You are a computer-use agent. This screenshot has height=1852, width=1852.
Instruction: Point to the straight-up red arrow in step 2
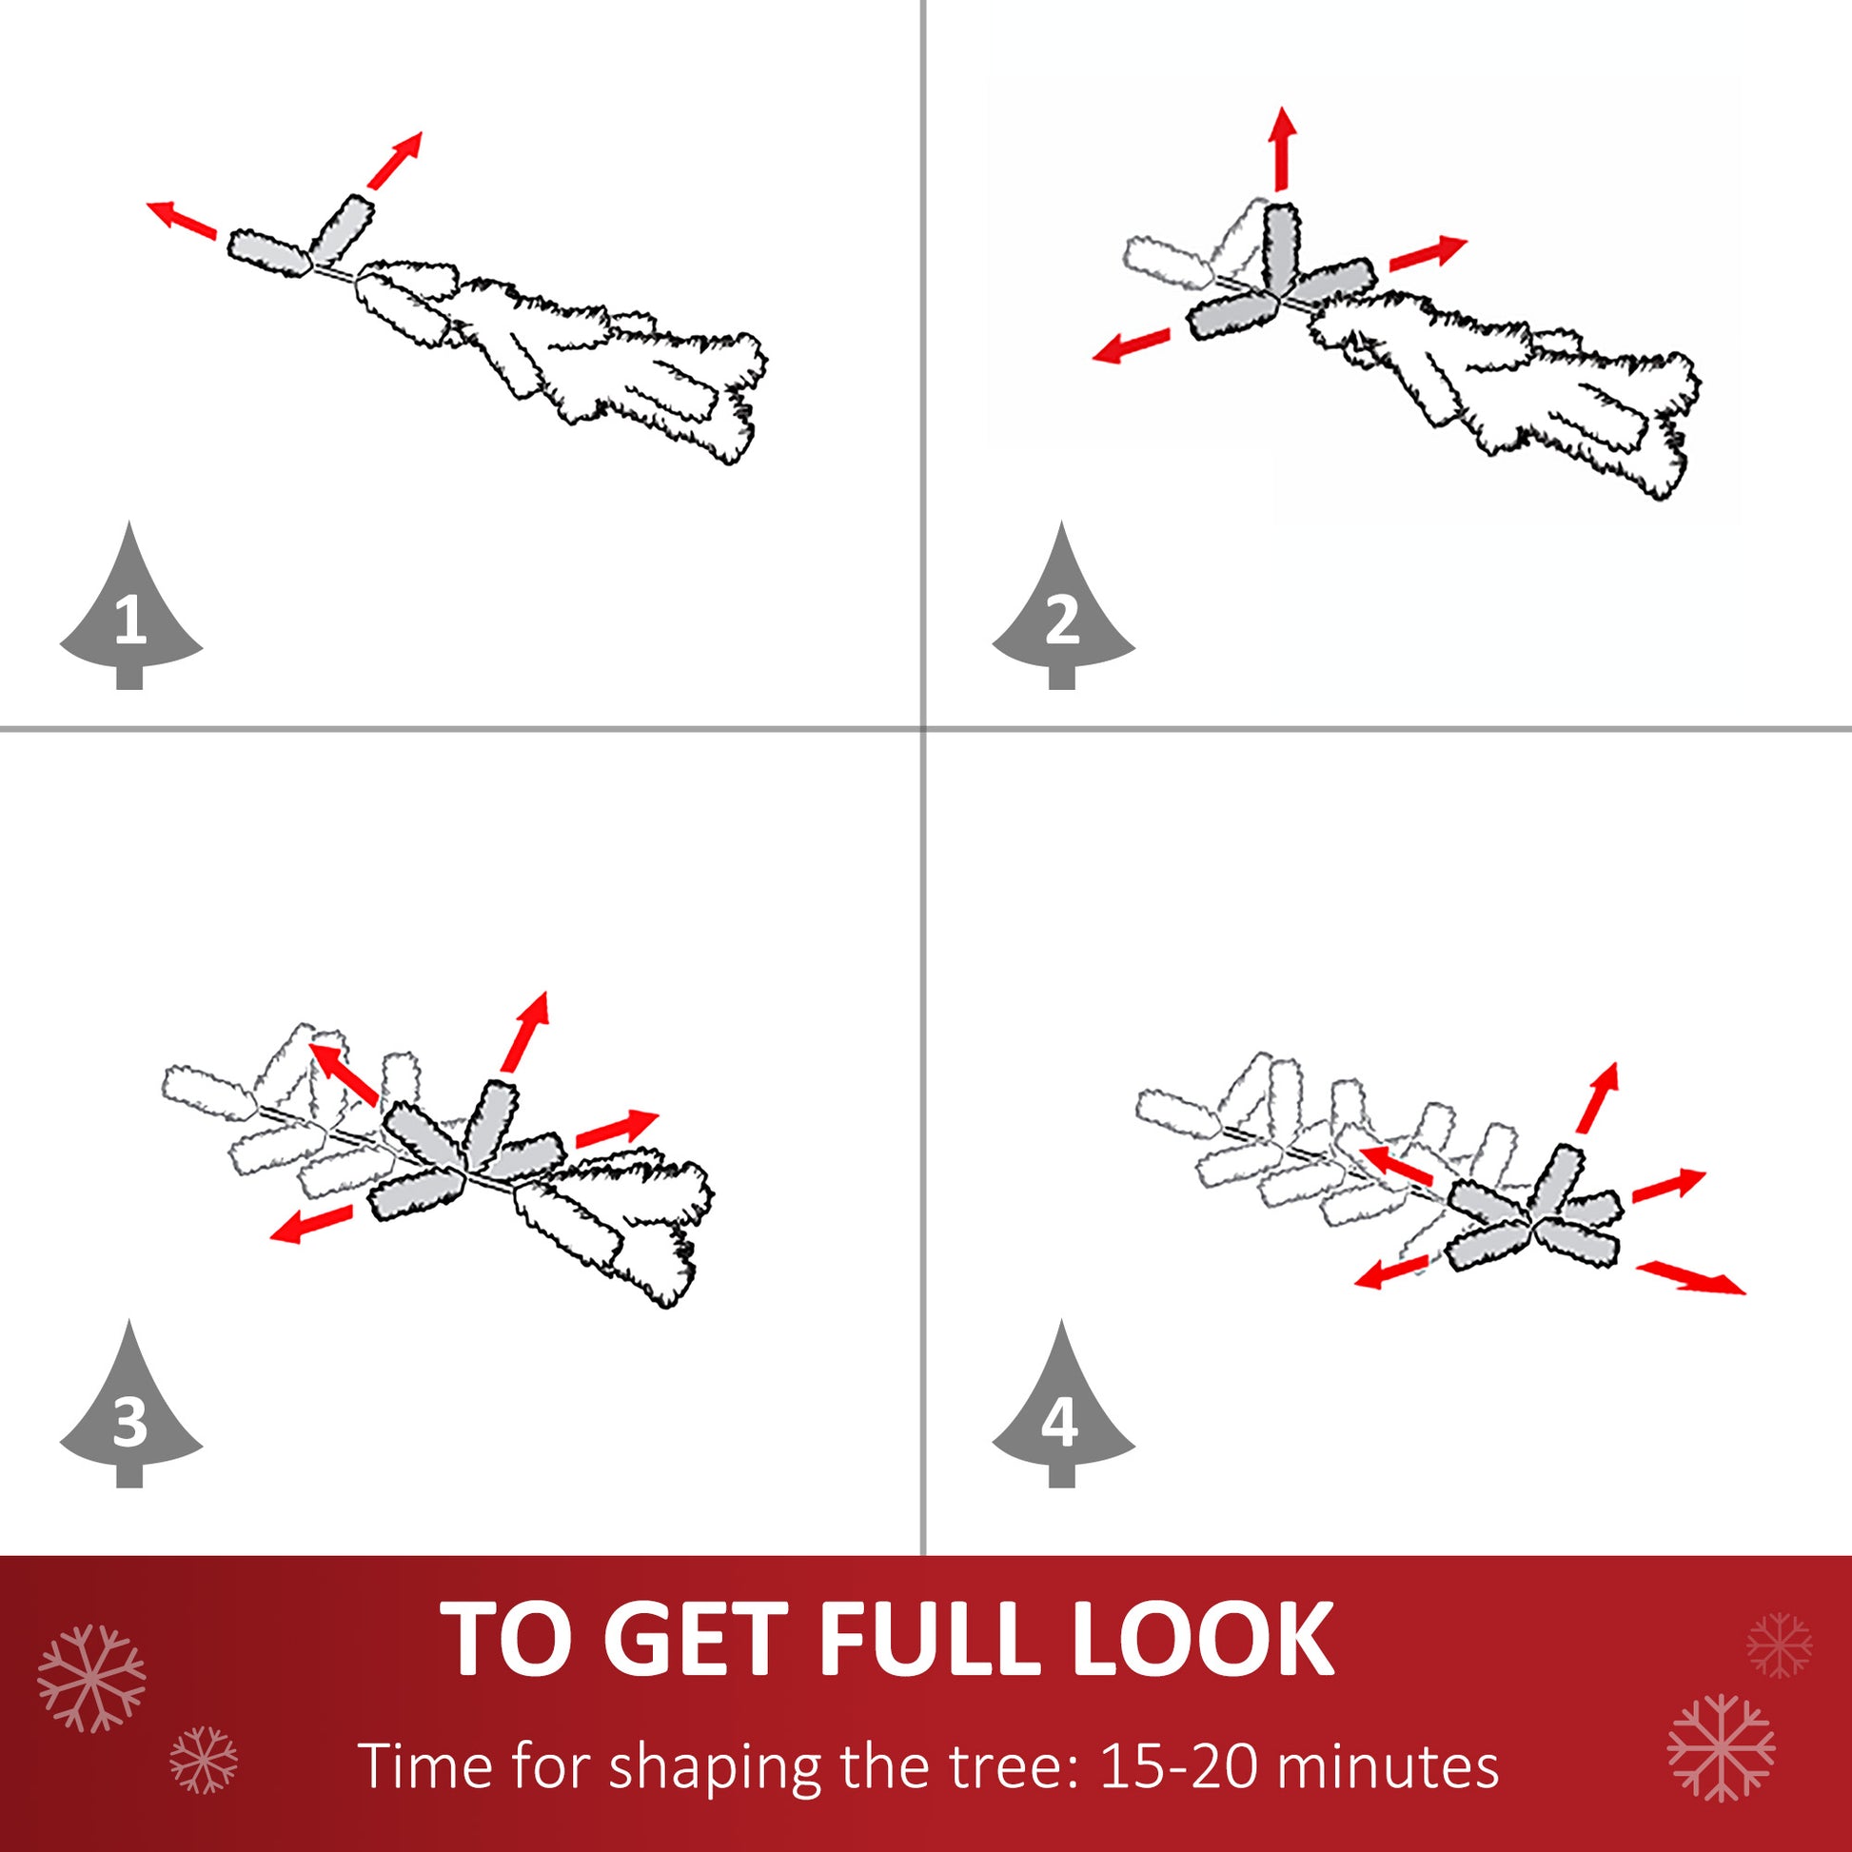pos(1282,148)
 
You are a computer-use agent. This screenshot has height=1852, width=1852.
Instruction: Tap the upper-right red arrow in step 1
pos(395,160)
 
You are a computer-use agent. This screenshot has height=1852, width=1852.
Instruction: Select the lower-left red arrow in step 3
pos(311,1224)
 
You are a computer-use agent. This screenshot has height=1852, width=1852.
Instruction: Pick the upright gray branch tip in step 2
pos(1280,247)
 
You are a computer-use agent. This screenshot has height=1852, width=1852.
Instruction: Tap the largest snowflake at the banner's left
pos(91,1679)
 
